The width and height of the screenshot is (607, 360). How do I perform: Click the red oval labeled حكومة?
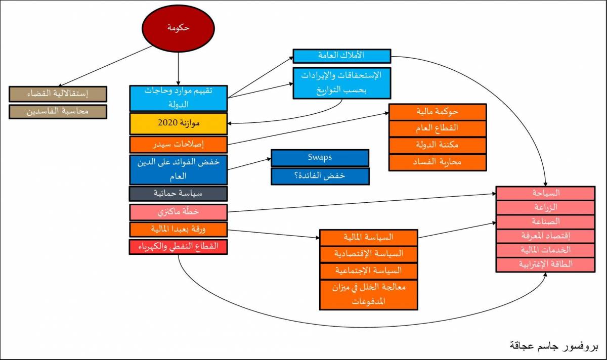click(x=178, y=28)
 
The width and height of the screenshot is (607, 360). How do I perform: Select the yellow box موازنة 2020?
click(x=178, y=123)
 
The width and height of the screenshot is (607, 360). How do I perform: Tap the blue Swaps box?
click(x=320, y=158)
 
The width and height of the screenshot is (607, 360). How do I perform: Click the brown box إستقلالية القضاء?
click(x=58, y=94)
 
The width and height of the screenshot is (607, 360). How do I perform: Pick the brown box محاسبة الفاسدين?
click(x=58, y=112)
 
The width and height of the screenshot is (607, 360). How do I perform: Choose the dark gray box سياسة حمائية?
click(x=178, y=194)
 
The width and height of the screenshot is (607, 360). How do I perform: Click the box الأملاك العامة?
click(x=342, y=56)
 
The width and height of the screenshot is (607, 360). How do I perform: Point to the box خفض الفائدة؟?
click(x=320, y=176)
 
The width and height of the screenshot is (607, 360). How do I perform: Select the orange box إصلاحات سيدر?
click(x=178, y=145)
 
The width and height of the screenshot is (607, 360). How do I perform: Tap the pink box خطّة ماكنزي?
click(x=178, y=212)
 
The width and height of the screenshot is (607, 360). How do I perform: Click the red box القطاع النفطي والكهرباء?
click(x=178, y=247)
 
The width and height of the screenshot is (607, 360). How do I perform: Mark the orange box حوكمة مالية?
click(x=438, y=112)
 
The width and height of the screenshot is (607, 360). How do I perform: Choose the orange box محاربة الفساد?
click(x=438, y=162)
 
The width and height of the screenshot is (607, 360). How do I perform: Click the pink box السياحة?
click(x=545, y=193)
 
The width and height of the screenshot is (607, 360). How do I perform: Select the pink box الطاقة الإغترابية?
click(x=545, y=264)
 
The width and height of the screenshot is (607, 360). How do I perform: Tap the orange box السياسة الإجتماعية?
click(x=369, y=271)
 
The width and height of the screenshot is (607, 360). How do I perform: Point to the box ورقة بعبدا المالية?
click(x=178, y=230)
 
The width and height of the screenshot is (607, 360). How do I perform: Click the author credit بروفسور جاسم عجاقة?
click(x=554, y=346)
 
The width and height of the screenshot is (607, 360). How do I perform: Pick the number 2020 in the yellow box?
click(x=168, y=123)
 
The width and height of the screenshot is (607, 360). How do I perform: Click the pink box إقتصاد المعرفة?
click(x=545, y=236)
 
